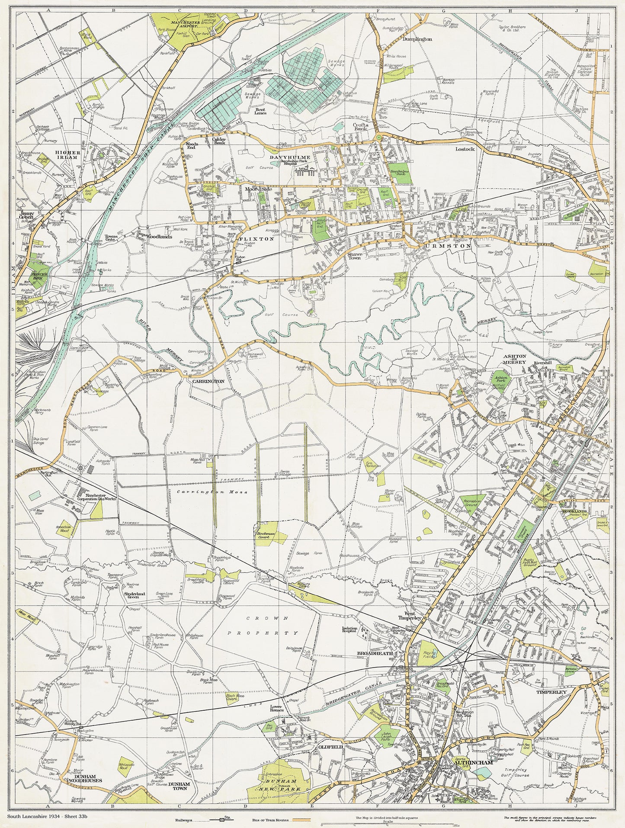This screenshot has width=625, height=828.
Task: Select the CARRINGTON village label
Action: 209,381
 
